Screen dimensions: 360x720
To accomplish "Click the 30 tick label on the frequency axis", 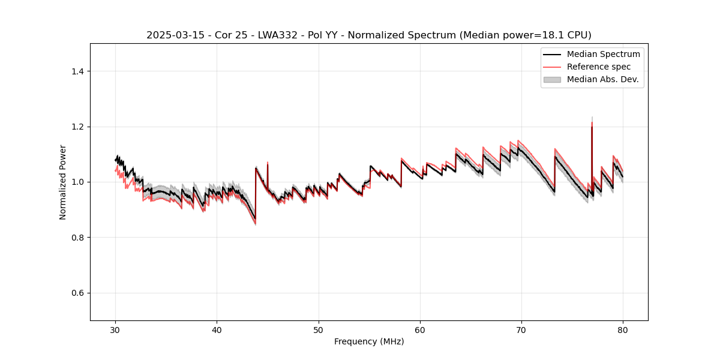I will [x=115, y=329].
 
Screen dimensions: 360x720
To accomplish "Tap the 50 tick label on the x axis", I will [x=319, y=329].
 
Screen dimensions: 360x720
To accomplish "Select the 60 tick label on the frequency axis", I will [x=420, y=329].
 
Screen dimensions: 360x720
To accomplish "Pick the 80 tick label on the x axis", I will [x=623, y=329].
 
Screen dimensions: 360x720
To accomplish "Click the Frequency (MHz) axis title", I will [x=369, y=341].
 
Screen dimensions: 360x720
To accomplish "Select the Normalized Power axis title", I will [x=63, y=182].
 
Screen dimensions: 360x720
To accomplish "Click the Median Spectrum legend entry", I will [x=603, y=54].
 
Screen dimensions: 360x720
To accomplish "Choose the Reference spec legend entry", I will [x=598, y=67].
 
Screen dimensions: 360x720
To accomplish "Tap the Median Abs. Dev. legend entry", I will [x=602, y=79].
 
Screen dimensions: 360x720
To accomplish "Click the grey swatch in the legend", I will [x=552, y=79].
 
